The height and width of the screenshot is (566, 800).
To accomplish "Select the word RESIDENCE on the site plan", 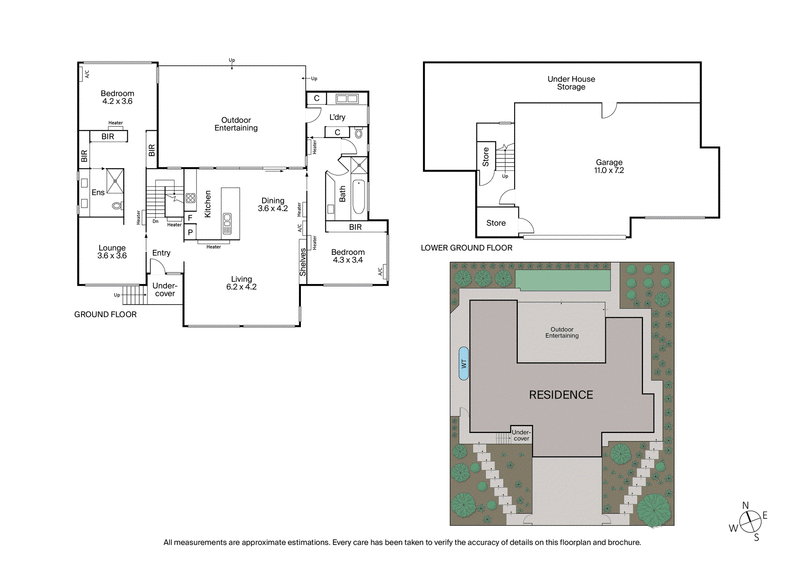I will tap(560, 394).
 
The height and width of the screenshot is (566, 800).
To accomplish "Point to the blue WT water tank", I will tap(463, 363).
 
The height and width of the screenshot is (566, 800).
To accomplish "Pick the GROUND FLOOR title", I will tap(105, 314).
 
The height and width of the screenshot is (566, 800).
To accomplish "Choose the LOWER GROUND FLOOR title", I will tap(467, 247).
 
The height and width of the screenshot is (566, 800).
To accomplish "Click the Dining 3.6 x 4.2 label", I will tap(272, 204).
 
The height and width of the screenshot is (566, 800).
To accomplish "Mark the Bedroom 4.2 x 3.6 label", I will tap(117, 96).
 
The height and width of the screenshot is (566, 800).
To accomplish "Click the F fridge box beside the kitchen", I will tap(190, 217).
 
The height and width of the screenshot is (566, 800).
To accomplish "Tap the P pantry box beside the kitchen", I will tap(190, 232).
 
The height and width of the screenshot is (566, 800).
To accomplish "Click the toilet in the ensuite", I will tap(116, 208).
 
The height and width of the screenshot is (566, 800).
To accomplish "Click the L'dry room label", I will tap(337, 116).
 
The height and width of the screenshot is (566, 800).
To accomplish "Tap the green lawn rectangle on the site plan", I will tap(563, 283).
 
